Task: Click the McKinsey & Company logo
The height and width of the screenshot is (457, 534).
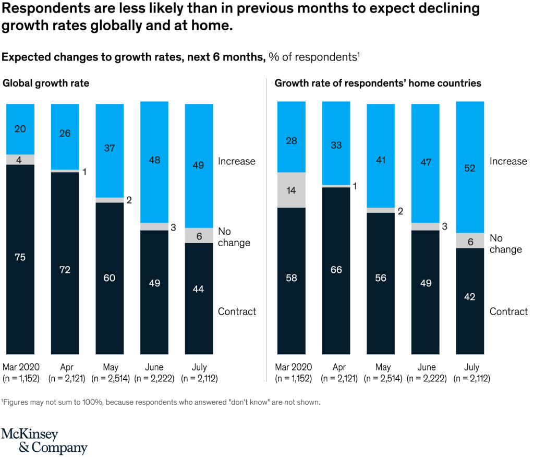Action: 44,441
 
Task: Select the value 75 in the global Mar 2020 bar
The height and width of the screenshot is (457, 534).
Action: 20,257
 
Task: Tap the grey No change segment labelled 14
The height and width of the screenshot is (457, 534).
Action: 291,190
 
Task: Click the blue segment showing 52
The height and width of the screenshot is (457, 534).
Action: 470,167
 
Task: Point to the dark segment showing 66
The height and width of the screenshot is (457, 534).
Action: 336,270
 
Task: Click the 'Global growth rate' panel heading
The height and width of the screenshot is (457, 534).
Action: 46,83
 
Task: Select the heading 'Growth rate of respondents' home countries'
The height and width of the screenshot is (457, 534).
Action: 378,83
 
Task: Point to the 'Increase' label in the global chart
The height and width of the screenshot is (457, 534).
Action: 236,161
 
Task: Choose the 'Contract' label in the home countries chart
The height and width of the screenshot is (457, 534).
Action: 508,311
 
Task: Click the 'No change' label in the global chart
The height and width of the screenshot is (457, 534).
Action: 234,237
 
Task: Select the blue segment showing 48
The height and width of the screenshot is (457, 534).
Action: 154,162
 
